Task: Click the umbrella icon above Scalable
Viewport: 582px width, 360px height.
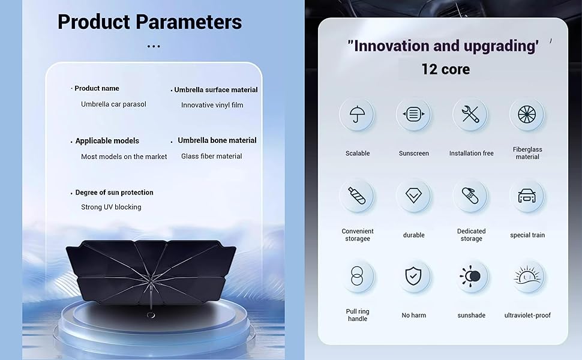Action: click(x=356, y=114)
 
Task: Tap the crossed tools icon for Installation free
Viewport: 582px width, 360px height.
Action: click(x=470, y=114)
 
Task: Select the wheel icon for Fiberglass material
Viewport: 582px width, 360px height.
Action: click(x=527, y=114)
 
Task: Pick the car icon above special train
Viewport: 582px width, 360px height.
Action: click(x=527, y=196)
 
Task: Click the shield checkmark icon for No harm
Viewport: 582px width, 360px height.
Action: click(x=413, y=277)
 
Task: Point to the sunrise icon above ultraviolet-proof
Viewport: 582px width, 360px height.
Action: click(x=527, y=276)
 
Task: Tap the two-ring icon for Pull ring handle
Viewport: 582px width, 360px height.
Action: click(x=356, y=276)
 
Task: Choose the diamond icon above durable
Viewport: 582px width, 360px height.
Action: click(x=413, y=196)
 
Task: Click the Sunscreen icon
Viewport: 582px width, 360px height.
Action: click(x=413, y=114)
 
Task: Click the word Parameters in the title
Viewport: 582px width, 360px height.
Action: click(x=188, y=22)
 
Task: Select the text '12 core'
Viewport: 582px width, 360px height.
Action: click(x=445, y=70)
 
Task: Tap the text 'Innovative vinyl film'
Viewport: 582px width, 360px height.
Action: click(x=212, y=105)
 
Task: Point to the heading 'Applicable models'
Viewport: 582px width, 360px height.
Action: click(x=107, y=140)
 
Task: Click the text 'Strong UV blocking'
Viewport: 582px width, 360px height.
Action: click(x=111, y=207)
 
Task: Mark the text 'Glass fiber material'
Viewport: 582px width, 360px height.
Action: click(x=212, y=156)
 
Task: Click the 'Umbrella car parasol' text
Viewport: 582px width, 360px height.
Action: click(x=113, y=104)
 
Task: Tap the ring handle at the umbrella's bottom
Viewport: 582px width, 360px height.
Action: click(x=151, y=315)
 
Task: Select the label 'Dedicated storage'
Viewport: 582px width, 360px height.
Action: click(x=472, y=235)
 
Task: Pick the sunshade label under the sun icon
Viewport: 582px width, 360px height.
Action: click(x=472, y=315)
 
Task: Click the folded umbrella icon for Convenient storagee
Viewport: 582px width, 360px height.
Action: click(x=356, y=196)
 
